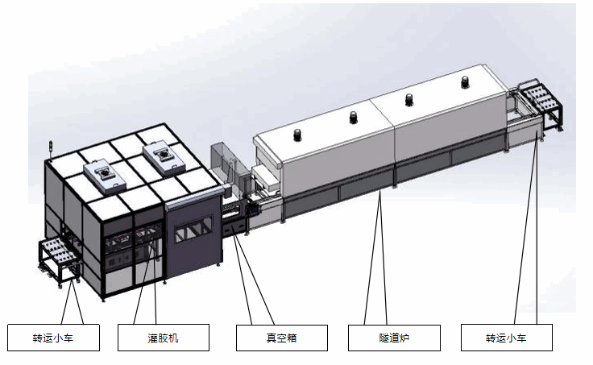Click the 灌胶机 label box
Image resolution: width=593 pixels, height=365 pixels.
click(164, 338)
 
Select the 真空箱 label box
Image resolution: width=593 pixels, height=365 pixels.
click(282, 338)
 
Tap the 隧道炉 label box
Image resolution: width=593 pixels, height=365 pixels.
click(394, 338)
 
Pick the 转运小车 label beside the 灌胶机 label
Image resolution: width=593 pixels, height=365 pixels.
click(53, 338)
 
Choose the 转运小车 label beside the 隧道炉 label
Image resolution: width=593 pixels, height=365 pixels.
click(507, 338)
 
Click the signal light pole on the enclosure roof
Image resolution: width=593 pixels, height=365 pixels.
click(50, 150)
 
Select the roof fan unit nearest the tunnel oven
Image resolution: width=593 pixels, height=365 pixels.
click(161, 157)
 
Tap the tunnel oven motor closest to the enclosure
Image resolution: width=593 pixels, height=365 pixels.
click(297, 135)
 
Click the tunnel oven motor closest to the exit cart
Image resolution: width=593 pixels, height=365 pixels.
click(465, 82)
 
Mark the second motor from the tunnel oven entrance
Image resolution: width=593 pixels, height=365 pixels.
click(353, 118)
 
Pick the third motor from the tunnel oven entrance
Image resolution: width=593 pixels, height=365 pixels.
click(408, 99)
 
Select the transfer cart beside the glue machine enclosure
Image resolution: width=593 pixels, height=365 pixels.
click(60, 262)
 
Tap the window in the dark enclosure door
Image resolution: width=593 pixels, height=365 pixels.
click(193, 228)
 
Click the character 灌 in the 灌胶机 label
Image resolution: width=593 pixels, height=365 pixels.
click(153, 338)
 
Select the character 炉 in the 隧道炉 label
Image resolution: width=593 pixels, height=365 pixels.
click(404, 338)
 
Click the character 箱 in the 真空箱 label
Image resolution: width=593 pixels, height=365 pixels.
click(292, 338)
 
